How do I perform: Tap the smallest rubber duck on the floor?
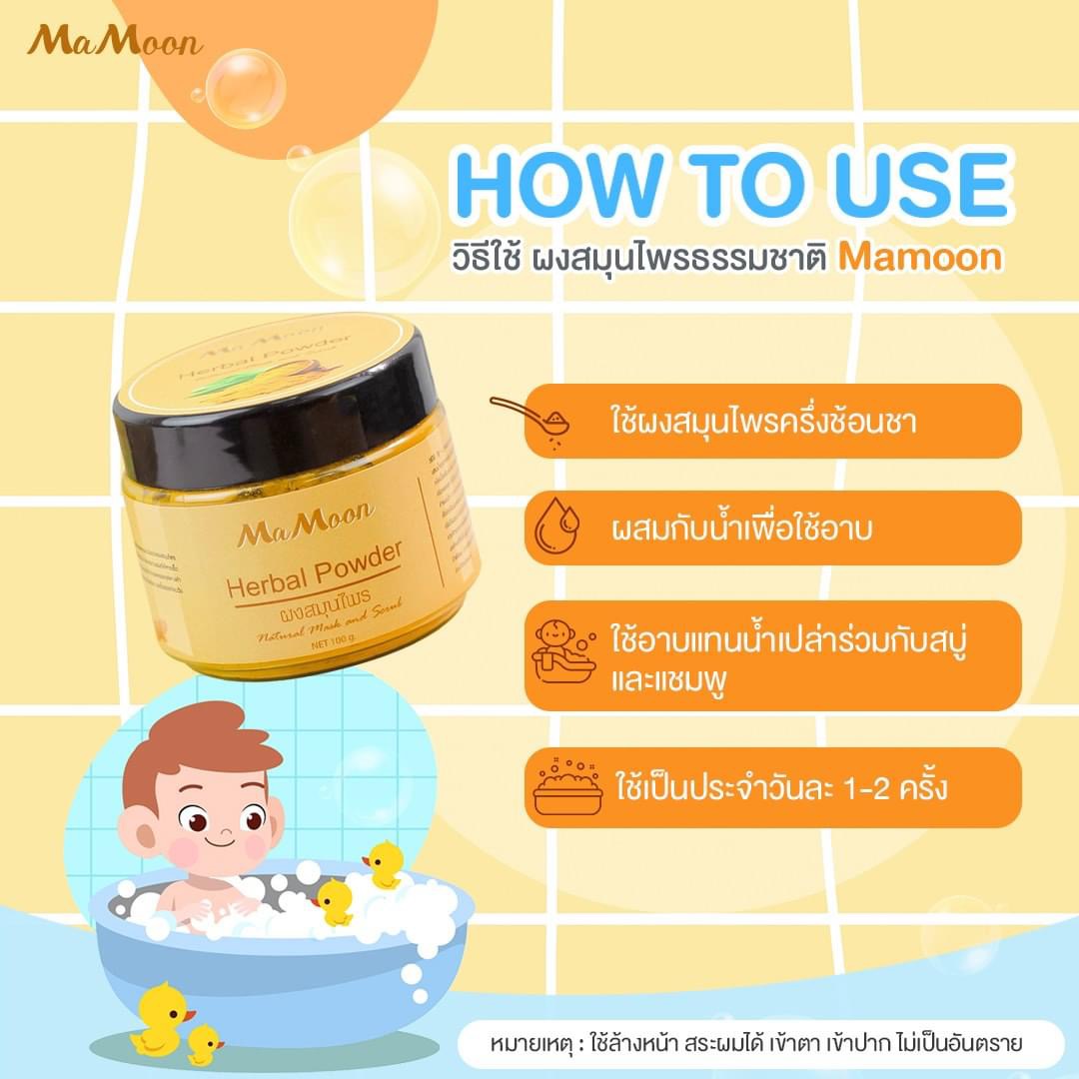(205, 1044)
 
